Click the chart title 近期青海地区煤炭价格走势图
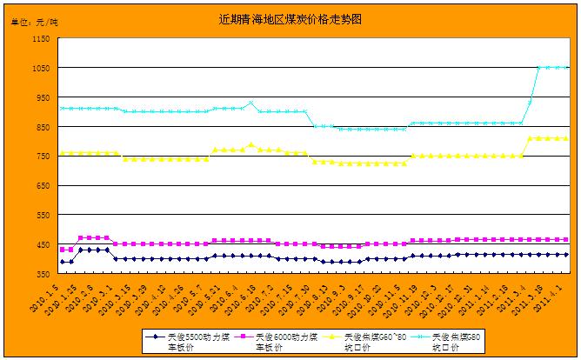point(290,17)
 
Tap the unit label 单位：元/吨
point(34,21)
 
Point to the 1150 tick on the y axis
point(40,38)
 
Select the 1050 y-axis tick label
point(40,68)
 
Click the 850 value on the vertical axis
point(43,127)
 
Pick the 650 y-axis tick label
point(43,185)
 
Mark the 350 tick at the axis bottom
point(43,274)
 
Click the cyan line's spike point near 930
point(250,103)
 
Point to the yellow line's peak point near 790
point(250,144)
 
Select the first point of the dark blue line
point(62,262)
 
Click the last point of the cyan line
point(567,68)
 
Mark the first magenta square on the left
point(62,250)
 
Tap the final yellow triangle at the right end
point(567,138)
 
